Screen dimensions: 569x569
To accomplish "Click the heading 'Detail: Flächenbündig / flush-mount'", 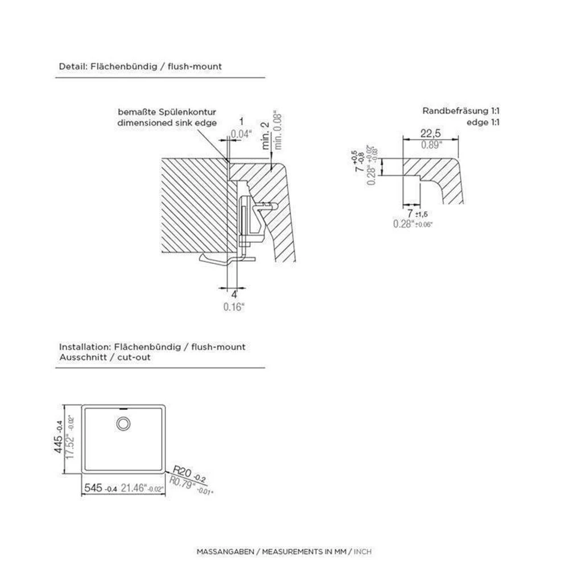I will pyautogui.click(x=141, y=67).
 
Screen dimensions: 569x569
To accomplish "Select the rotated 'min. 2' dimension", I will pyautogui.click(x=266, y=135).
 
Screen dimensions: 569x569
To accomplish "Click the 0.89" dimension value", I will pyautogui.click(x=430, y=145).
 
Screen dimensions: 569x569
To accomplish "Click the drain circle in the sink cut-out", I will pyautogui.click(x=123, y=423).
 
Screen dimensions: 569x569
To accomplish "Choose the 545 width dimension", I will pyautogui.click(x=93, y=488).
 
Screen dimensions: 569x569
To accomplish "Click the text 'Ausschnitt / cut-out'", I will pyautogui.click(x=105, y=357).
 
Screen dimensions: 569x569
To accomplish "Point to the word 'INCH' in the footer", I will pyautogui.click(x=362, y=552).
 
